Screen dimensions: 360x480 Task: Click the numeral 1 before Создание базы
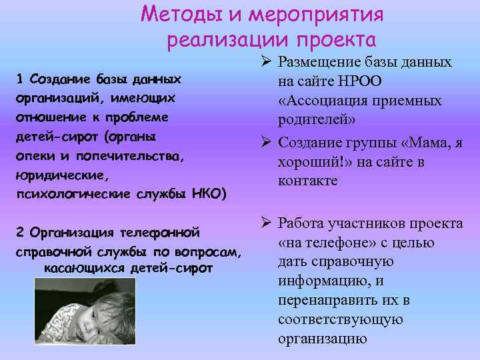click(x=20, y=79)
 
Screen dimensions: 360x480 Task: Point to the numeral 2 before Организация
click(x=20, y=233)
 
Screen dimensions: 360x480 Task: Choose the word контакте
click(x=310, y=181)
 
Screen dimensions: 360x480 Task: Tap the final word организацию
click(x=323, y=338)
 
